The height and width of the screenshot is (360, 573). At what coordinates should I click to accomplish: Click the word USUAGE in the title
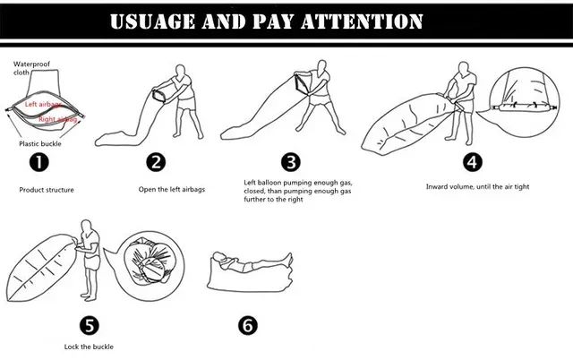[x=153, y=21]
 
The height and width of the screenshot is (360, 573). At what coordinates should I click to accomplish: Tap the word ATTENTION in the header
[x=362, y=21]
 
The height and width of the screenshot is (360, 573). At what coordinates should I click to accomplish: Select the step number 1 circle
[x=38, y=162]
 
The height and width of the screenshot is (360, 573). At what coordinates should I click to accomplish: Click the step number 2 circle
[x=156, y=162]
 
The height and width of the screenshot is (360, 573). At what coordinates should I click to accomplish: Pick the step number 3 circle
[x=291, y=162]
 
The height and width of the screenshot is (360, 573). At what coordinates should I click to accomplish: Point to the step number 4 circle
[x=472, y=162]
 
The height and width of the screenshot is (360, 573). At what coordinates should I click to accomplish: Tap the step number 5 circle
[x=90, y=325]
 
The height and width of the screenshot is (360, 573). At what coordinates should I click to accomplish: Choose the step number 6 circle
[x=248, y=325]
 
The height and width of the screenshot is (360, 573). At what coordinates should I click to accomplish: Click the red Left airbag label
[x=43, y=105]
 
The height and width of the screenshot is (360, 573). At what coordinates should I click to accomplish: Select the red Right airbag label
[x=57, y=119]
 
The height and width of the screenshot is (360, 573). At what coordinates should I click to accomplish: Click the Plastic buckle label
[x=40, y=143]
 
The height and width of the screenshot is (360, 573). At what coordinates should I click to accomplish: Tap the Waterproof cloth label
[x=31, y=68]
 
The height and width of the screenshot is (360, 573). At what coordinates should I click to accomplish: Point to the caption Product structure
[x=47, y=190]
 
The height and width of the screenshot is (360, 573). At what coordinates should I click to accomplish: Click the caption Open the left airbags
[x=172, y=189]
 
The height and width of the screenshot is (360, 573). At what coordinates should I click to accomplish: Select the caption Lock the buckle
[x=89, y=347]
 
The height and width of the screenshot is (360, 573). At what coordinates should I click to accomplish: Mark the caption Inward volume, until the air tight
[x=477, y=186]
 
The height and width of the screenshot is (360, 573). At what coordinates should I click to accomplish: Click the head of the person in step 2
[x=180, y=70]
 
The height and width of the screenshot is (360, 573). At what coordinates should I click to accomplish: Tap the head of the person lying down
[x=218, y=257]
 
